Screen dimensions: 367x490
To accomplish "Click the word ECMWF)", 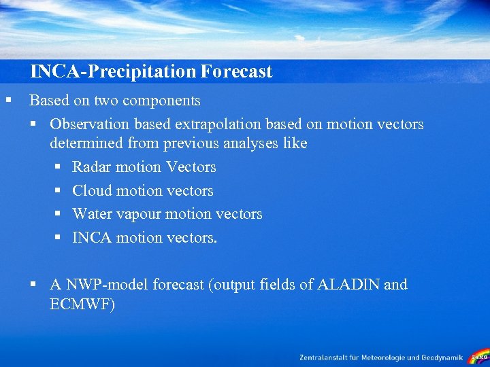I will point(82,304).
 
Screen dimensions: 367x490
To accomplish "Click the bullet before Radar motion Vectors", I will point(59,167).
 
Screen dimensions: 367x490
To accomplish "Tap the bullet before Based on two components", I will point(7,101).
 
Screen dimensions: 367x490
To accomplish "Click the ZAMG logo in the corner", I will point(479,356).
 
